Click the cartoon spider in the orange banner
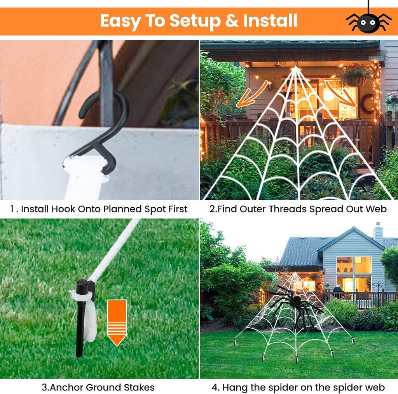(368, 22)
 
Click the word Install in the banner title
(270, 20)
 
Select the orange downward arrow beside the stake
(117, 322)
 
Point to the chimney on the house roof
(378, 233)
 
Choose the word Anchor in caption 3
(66, 388)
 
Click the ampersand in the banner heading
(232, 21)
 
